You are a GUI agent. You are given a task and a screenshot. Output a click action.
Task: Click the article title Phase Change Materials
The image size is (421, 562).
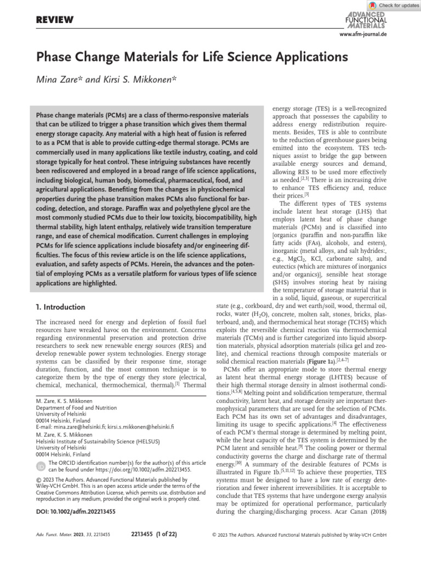pos(192,57)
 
